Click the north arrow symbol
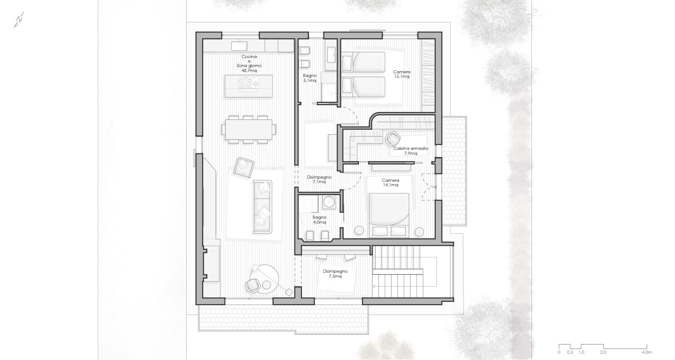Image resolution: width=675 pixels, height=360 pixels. [x=19, y=20]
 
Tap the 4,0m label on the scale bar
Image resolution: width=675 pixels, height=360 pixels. [x=647, y=352]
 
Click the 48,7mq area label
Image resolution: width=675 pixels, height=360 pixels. [x=249, y=71]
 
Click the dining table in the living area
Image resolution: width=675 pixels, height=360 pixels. [x=248, y=130]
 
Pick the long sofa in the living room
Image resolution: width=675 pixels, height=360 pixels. [x=262, y=207]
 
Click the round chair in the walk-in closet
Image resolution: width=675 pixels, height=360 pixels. [x=393, y=139]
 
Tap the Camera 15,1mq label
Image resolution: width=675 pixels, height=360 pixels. [x=402, y=74]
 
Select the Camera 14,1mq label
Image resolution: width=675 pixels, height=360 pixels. [x=391, y=183]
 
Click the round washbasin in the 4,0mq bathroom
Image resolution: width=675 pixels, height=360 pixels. [x=329, y=202]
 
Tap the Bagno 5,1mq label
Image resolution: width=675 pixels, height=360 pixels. [x=310, y=78]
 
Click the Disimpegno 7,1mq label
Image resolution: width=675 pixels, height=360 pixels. [x=319, y=180]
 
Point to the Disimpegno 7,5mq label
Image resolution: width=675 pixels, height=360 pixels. [x=335, y=274]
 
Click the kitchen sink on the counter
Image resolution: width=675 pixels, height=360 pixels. [x=239, y=46]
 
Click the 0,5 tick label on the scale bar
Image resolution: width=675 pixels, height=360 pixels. [x=570, y=352]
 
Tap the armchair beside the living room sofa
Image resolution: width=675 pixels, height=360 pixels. [x=243, y=167]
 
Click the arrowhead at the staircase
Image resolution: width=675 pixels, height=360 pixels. [x=374, y=287]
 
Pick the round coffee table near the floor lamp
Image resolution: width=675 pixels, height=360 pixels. [x=266, y=285]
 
